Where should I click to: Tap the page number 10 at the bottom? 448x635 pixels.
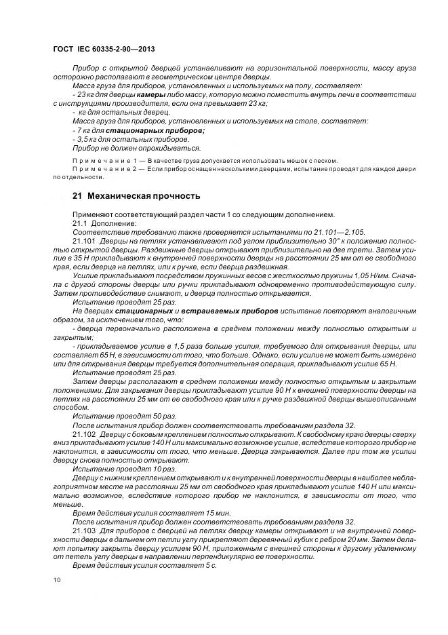(x=56, y=580)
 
